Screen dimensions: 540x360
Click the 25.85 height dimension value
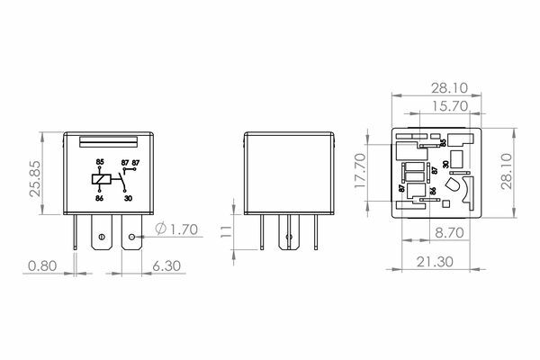tap(35, 178)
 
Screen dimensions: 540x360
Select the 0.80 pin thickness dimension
tap(42, 266)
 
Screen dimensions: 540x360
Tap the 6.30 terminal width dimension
tap(166, 266)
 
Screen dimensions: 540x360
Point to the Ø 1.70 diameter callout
tap(176, 229)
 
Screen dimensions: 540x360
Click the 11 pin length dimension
tap(226, 232)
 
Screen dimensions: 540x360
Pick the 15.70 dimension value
tap(450, 106)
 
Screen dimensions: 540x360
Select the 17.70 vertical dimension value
tap(360, 171)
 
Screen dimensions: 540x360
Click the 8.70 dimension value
tap(449, 233)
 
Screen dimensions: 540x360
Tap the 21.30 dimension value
tap(435, 262)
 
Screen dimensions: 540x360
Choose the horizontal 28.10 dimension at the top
tap(450, 88)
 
